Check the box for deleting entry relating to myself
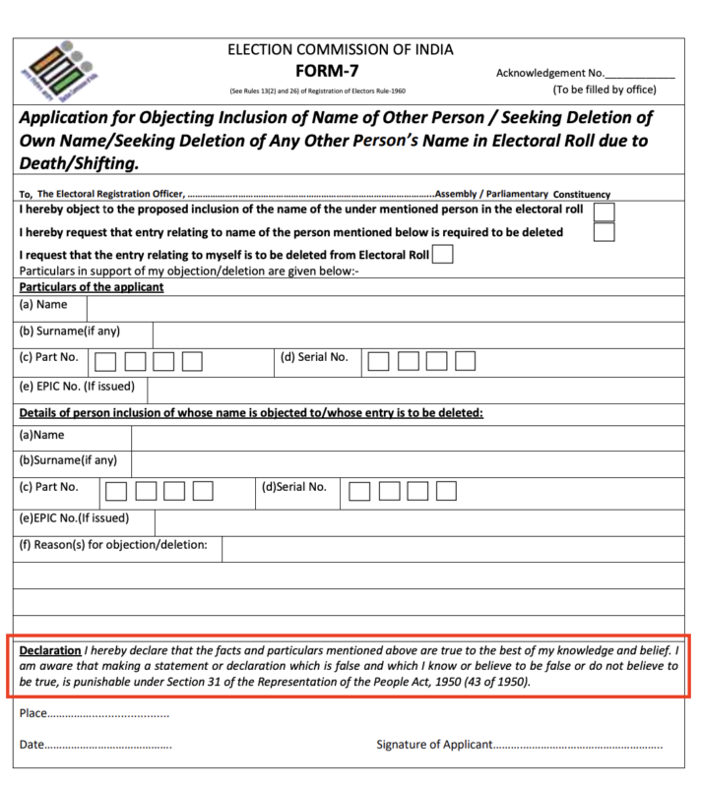coord(444,255)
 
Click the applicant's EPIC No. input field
coord(423,387)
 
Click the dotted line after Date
coord(107,745)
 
